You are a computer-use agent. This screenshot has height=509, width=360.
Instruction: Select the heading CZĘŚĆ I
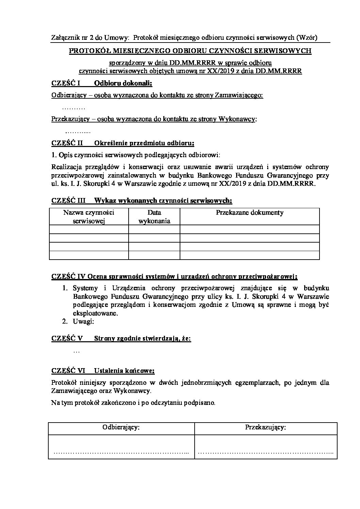pyautogui.click(x=66, y=83)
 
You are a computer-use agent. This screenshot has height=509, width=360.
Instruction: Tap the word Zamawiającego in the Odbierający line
pyautogui.click(x=239, y=95)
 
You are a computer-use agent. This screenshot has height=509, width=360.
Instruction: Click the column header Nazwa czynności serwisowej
pyautogui.click(x=89, y=217)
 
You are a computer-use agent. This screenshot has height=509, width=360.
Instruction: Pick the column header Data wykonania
pyautogui.click(x=154, y=217)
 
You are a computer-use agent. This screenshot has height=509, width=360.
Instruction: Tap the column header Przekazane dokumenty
pyautogui.click(x=250, y=213)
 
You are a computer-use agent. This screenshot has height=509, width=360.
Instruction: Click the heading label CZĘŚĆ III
pyautogui.click(x=68, y=201)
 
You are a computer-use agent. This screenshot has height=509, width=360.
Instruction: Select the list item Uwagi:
pyautogui.click(x=83, y=321)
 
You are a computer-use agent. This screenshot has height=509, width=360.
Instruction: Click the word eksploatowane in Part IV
pyautogui.click(x=95, y=313)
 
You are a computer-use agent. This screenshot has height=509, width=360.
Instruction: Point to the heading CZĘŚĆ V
pyautogui.click(x=67, y=339)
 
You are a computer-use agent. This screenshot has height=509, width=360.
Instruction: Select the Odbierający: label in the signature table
pyautogui.click(x=121, y=427)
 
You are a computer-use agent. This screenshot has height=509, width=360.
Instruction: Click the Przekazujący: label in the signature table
pyautogui.click(x=265, y=427)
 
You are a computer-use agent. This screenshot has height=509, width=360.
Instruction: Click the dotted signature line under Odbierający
pyautogui.click(x=121, y=453)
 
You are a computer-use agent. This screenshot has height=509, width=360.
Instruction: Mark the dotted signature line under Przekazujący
pyautogui.click(x=265, y=453)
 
